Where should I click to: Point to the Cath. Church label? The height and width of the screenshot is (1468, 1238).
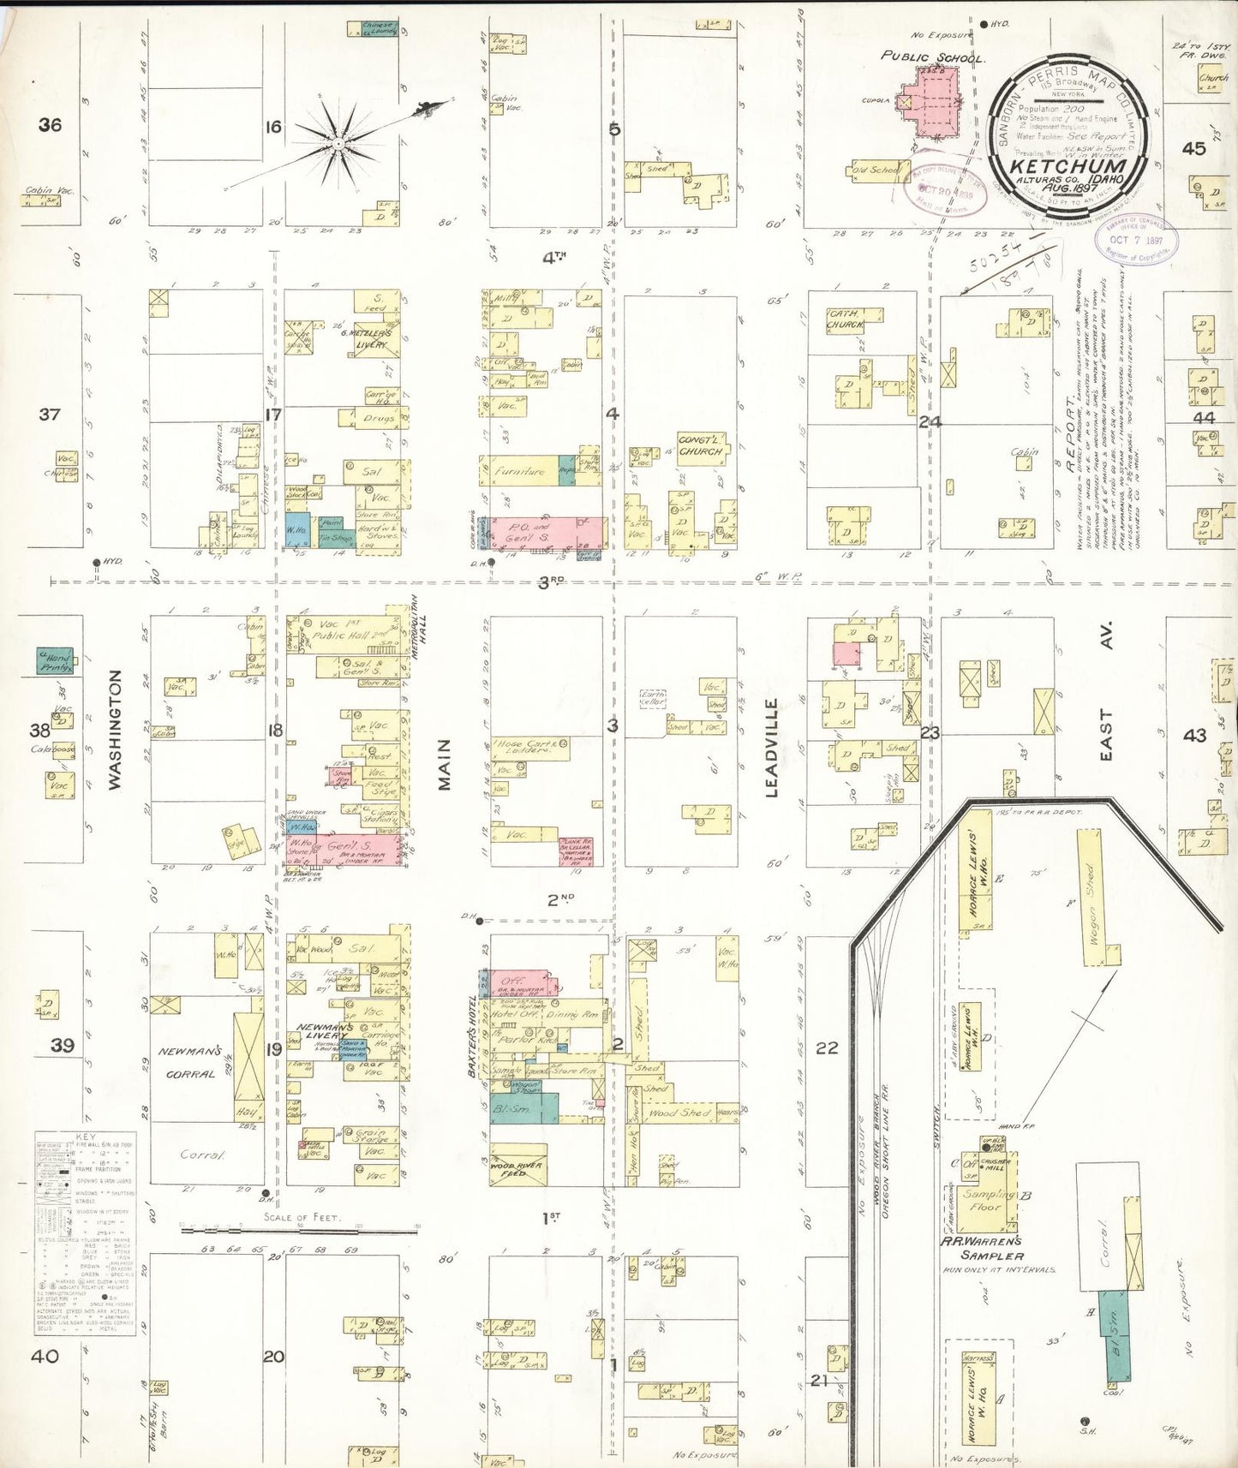tap(845, 319)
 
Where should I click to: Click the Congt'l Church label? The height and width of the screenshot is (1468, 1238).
tap(702, 445)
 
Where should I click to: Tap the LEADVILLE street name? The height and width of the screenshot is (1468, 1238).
tap(770, 748)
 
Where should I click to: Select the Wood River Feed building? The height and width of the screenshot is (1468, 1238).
tap(518, 1164)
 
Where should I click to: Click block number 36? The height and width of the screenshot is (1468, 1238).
tap(50, 125)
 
